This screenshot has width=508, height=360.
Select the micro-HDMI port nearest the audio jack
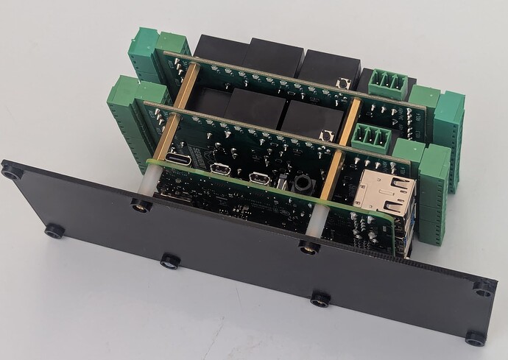[x=258, y=178]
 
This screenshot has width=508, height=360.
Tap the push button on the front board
[x=328, y=135]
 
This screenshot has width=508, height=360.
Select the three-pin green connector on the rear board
[x=388, y=83]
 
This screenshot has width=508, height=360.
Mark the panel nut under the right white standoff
[x=309, y=248]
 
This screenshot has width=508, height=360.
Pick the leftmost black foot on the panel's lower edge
[x=54, y=231]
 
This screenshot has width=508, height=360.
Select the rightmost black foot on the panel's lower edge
[x=475, y=339]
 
